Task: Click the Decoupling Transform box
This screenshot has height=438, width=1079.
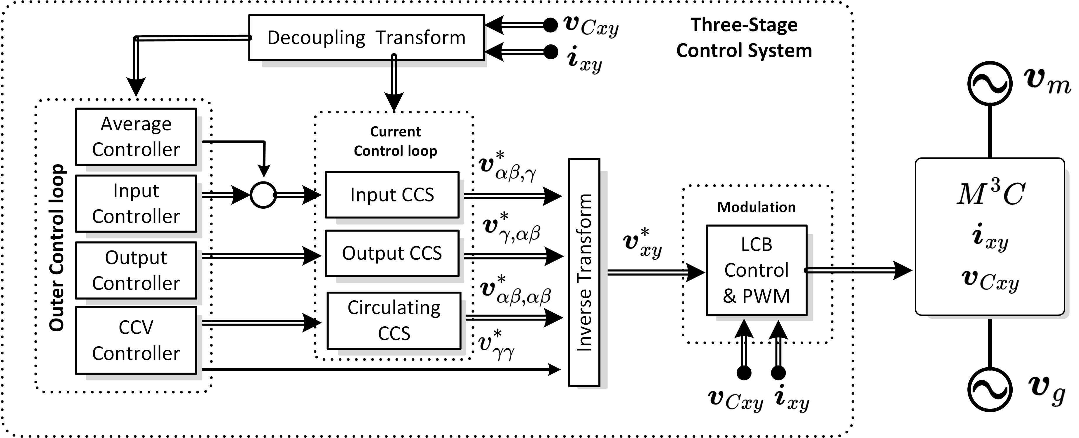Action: pyautogui.click(x=367, y=38)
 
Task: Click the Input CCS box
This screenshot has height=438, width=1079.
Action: pyautogui.click(x=392, y=195)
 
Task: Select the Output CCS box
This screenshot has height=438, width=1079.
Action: pyautogui.click(x=392, y=253)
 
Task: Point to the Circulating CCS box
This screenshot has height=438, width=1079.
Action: pyautogui.click(x=394, y=320)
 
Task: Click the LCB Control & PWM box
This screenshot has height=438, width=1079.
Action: pyautogui.click(x=757, y=270)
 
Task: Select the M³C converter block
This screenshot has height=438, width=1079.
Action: pyautogui.click(x=990, y=237)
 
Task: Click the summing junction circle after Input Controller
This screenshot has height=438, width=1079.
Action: pyautogui.click(x=263, y=195)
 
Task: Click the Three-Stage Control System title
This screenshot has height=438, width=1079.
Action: pyautogui.click(x=744, y=38)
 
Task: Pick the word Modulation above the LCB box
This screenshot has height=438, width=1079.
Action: pyautogui.click(x=757, y=207)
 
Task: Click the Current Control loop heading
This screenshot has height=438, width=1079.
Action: pyautogui.click(x=396, y=141)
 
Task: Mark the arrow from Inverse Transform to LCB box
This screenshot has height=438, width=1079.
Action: pyautogui.click(x=655, y=273)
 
